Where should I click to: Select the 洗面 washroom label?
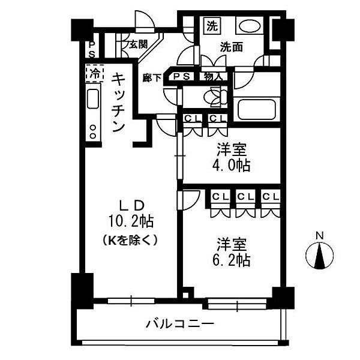(x=231, y=46)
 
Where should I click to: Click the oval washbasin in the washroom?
(x=248, y=27)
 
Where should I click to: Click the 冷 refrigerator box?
(x=94, y=74)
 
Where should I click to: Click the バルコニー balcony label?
(x=179, y=325)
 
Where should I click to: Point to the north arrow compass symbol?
(x=320, y=255)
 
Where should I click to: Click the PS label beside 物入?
(x=182, y=76)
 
